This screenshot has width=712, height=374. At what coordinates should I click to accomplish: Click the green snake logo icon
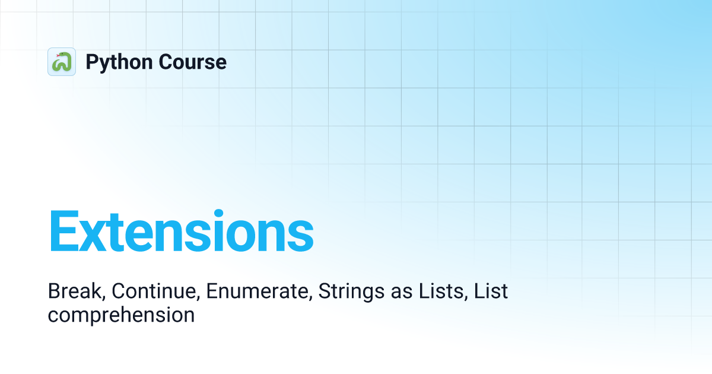(x=62, y=62)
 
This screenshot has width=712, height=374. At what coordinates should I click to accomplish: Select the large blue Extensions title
(x=181, y=232)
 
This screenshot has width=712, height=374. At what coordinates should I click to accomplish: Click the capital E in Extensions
(x=63, y=232)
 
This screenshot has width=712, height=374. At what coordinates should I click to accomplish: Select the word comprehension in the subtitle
(x=121, y=315)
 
